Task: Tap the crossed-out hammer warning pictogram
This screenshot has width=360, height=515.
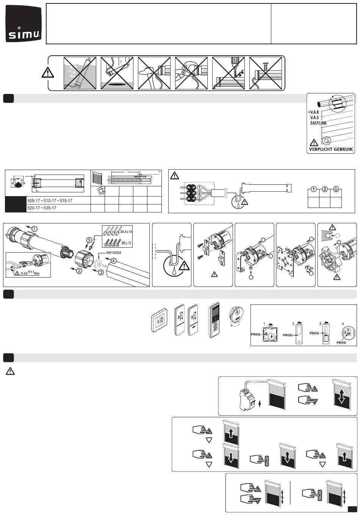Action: pos(154,73)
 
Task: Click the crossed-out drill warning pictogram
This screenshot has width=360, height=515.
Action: pos(228,73)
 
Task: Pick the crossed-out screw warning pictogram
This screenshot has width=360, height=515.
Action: pos(265,73)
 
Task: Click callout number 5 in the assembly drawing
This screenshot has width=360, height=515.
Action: pos(89,239)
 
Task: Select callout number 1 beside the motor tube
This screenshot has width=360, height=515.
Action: pos(35,228)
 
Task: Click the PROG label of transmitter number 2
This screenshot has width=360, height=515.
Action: pos(288,335)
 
